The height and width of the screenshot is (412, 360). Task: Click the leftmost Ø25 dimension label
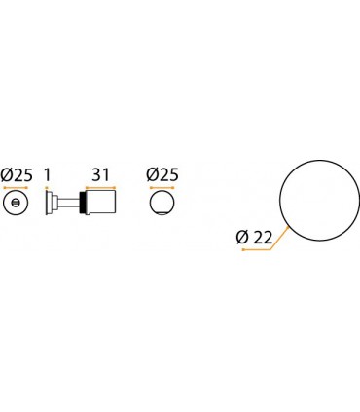(x=17, y=175)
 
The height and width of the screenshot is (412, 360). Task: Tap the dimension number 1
(x=47, y=175)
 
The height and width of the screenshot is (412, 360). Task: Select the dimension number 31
(x=100, y=175)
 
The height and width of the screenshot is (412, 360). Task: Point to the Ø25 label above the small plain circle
(x=162, y=175)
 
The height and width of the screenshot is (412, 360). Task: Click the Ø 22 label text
(x=254, y=238)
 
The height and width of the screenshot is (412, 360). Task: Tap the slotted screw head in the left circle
(x=16, y=203)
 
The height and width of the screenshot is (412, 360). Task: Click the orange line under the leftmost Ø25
(x=16, y=188)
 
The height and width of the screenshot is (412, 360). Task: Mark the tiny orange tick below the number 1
(x=47, y=187)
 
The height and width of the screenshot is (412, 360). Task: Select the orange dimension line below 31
(x=100, y=187)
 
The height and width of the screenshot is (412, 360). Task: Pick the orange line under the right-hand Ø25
(x=162, y=188)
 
